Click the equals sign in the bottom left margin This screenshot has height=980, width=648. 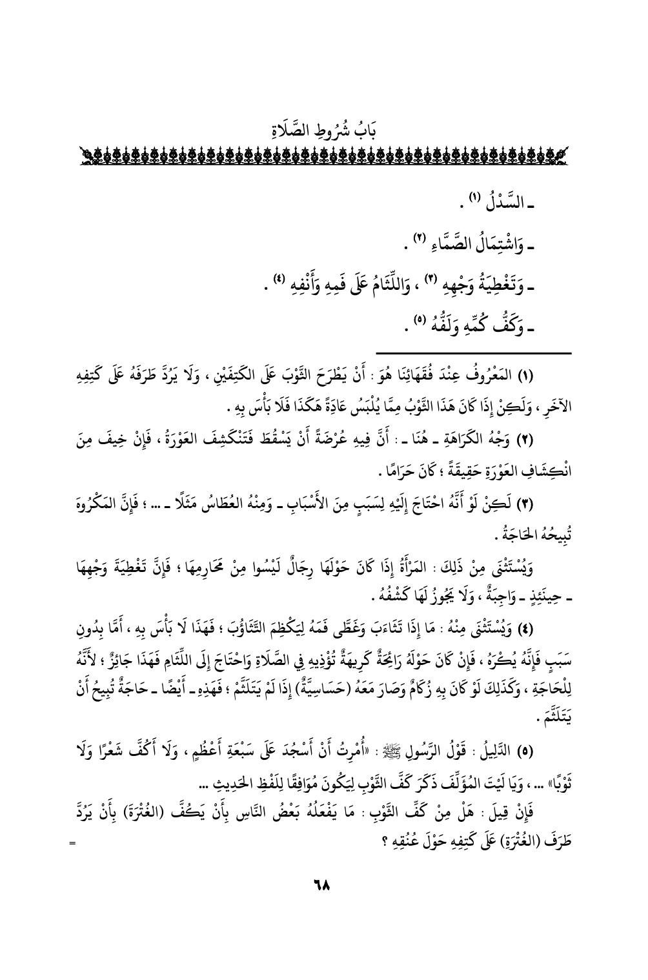[72, 844]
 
